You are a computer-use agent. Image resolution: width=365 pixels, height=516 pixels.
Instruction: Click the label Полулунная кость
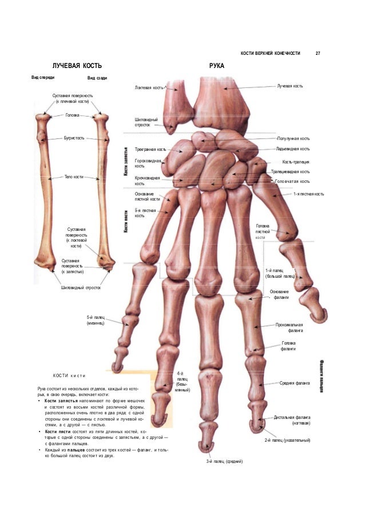293,139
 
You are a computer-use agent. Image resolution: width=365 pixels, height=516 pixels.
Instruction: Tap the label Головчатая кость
292,182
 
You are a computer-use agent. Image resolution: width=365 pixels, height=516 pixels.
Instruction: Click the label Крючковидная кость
147,181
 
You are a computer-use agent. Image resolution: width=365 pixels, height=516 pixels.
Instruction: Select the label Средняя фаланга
295,383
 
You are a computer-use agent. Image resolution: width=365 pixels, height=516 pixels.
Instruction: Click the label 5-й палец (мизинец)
95,320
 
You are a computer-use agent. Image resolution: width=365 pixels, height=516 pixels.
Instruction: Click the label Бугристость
75,139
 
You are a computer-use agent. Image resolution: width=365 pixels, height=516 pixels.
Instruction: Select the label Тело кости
74,177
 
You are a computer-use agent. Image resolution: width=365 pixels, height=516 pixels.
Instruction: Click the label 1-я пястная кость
308,194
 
